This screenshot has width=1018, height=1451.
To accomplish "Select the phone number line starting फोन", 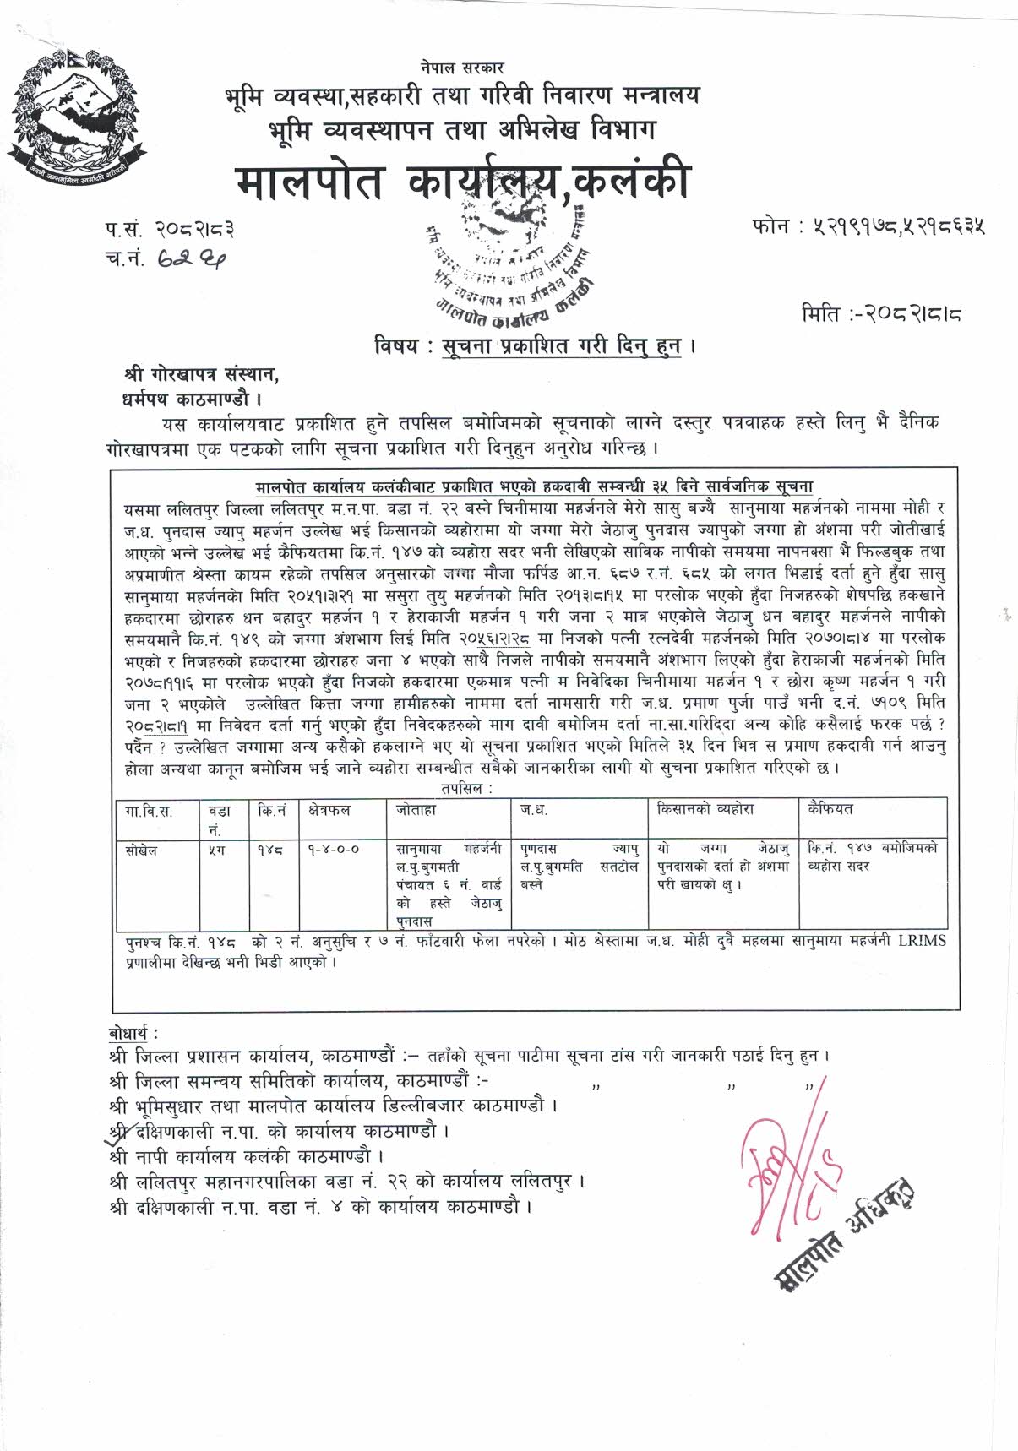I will tap(868, 226).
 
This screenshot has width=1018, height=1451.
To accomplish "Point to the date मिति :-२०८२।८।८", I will tap(882, 315).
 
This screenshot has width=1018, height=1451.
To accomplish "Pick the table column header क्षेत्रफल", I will tap(329, 810).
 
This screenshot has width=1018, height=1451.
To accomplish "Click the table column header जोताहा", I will tap(416, 810).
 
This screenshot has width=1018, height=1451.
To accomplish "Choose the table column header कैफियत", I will tap(830, 809).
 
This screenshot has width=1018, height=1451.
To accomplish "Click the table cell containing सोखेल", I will tap(141, 850).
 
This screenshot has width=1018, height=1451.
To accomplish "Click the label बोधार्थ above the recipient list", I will tap(133, 1033).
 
